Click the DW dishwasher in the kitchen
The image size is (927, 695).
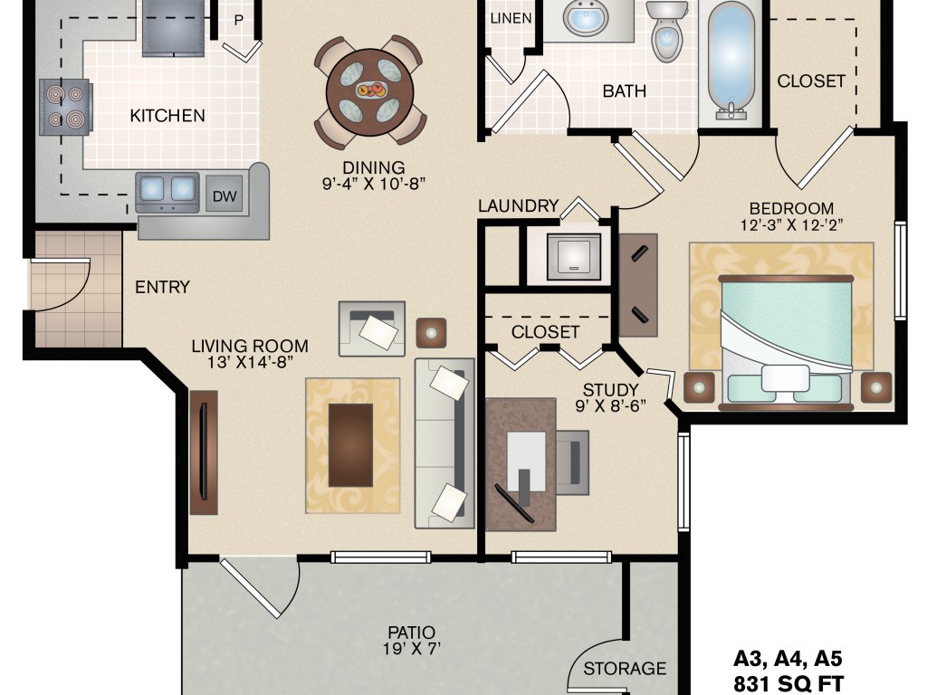225,195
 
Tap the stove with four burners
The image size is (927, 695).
65,107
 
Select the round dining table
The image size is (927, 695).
369,91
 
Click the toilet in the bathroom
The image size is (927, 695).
667,30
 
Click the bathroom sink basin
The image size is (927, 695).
586,18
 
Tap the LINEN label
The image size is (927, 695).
511,18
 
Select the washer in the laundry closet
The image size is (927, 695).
573,256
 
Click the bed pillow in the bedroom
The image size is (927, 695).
785,378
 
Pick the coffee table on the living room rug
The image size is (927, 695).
350,445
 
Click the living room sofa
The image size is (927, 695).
444,443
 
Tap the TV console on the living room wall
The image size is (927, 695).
204,452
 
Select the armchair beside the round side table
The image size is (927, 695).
372,328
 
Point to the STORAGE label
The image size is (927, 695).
625,669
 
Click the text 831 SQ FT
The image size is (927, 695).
788,683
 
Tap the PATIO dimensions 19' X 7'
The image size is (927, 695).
412,649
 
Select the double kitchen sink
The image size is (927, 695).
167,192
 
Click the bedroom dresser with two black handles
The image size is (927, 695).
638,285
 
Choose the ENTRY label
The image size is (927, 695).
163,287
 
